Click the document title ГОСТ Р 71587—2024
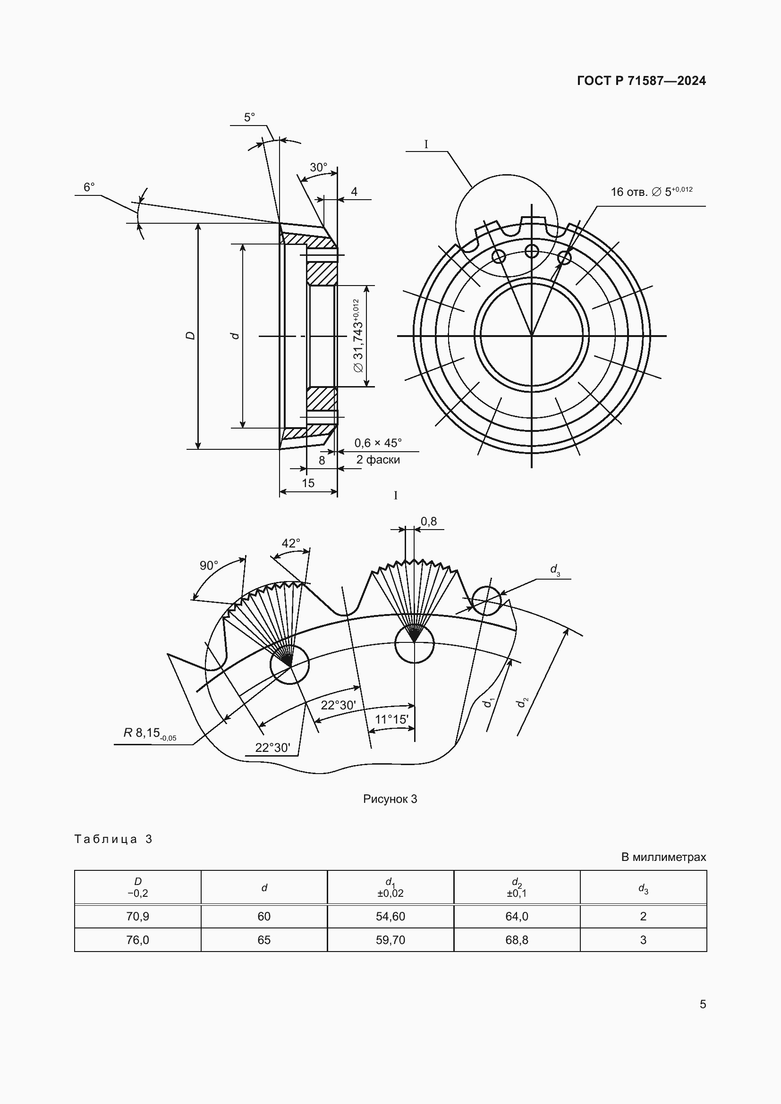click(641, 81)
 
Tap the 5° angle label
click(249, 118)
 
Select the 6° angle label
click(89, 187)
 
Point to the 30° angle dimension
click(318, 168)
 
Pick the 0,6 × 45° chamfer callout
click(378, 443)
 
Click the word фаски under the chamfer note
click(383, 460)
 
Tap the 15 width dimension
click(308, 483)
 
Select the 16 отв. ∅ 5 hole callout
click(652, 191)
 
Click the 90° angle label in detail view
click(209, 565)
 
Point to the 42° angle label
click(291, 543)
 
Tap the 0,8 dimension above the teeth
click(428, 521)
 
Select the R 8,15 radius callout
click(150, 733)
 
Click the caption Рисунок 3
click(390, 799)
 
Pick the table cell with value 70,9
click(137, 916)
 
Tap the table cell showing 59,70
click(390, 940)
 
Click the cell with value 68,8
click(517, 940)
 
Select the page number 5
click(703, 1004)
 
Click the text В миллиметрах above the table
click(663, 857)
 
